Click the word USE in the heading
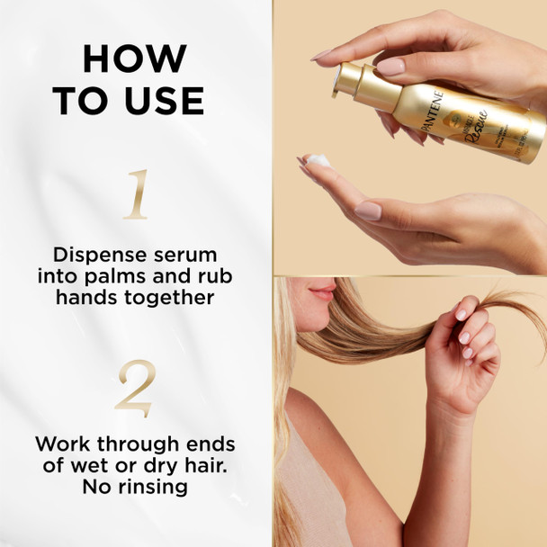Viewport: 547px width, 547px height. pyautogui.click(x=164, y=102)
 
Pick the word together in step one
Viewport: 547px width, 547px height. pyautogui.click(x=170, y=298)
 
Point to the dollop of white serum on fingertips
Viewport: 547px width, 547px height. pyautogui.click(x=316, y=160)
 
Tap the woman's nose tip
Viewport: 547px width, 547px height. pyautogui.click(x=303, y=290)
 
